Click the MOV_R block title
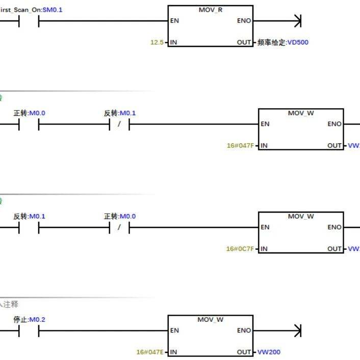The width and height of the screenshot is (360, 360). [x=210, y=10]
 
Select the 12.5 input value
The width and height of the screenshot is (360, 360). [x=157, y=42]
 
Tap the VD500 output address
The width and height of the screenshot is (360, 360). [x=298, y=42]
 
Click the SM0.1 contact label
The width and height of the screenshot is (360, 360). [x=53, y=10]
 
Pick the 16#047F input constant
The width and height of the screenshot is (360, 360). [x=240, y=146]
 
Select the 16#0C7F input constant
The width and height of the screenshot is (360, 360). [x=240, y=249]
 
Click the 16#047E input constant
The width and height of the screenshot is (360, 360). [x=150, y=352]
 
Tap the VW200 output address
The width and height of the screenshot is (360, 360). [x=269, y=352]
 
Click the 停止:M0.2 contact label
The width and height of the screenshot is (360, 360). [x=29, y=320]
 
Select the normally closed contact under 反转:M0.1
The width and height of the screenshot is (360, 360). [x=119, y=124]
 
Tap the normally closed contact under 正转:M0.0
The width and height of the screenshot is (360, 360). [x=119, y=227]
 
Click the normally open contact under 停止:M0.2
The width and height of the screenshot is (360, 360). [x=29, y=330]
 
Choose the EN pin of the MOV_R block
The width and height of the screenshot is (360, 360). [x=174, y=21]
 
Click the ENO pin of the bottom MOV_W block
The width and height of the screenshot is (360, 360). [x=244, y=330]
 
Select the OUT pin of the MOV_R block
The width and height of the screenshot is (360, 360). [x=244, y=42]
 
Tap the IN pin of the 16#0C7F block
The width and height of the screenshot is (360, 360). [x=264, y=249]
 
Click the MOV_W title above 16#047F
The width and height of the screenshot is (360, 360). [x=301, y=113]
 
